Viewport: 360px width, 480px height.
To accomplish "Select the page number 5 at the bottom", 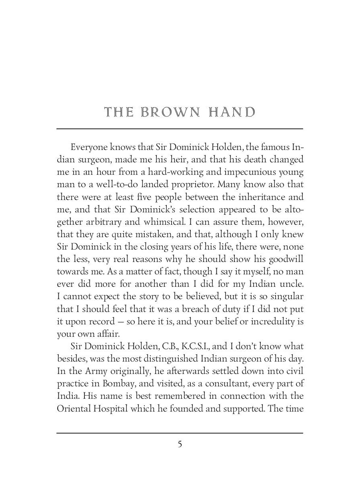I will [x=180, y=444].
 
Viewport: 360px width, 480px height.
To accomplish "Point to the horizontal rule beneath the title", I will [x=180, y=129].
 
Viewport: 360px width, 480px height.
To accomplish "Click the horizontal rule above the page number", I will [x=180, y=433].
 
